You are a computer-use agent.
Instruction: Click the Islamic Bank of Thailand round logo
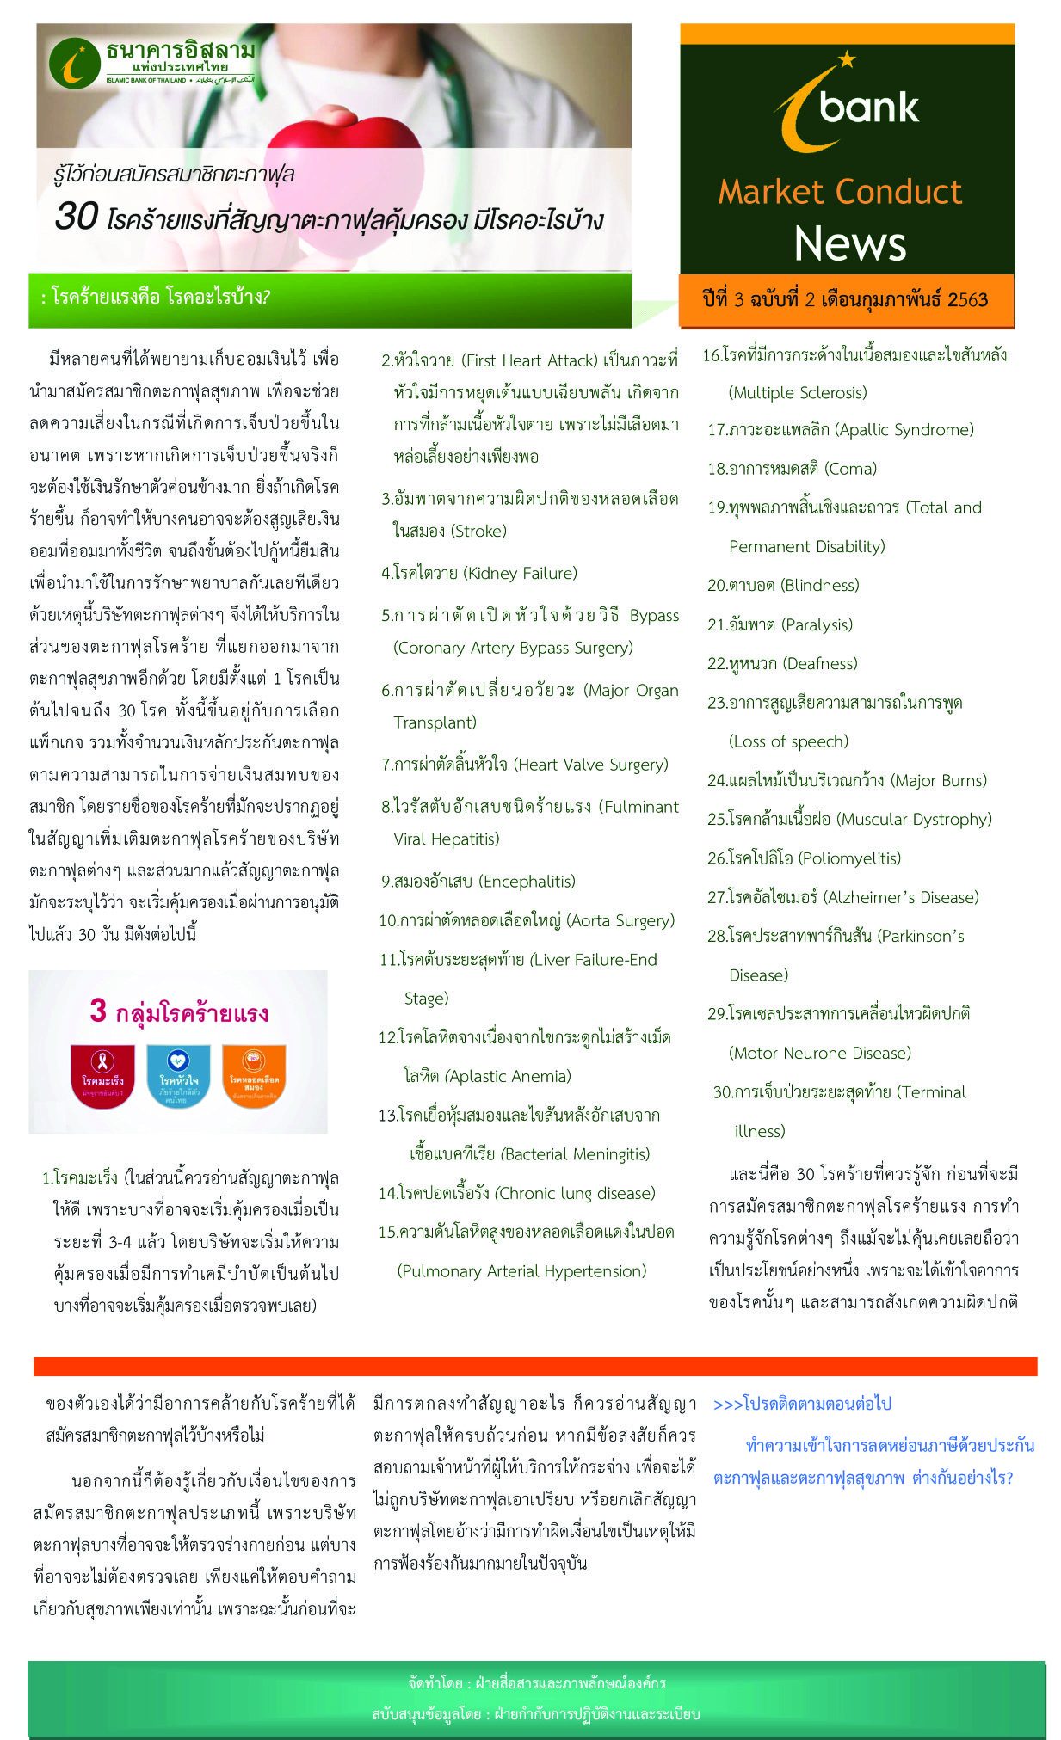point(75,63)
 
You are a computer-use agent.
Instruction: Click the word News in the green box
point(849,243)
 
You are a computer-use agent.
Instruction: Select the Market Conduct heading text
point(840,192)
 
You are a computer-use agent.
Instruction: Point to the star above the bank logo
point(847,58)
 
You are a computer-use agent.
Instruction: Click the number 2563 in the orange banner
point(967,299)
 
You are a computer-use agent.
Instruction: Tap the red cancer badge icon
point(103,1072)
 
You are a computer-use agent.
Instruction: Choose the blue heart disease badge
point(178,1072)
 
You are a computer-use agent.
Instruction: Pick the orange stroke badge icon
point(253,1072)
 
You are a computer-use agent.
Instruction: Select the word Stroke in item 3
point(479,531)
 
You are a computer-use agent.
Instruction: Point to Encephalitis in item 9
point(527,881)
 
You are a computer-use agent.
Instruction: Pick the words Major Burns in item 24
point(939,780)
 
